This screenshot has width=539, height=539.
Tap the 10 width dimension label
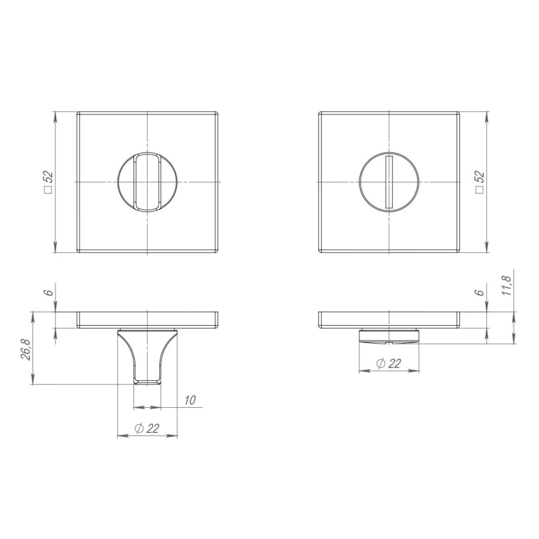click(x=190, y=400)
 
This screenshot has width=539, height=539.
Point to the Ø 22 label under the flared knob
click(x=147, y=428)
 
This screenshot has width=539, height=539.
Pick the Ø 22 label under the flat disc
click(x=389, y=364)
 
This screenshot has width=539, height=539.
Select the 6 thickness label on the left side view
click(x=49, y=292)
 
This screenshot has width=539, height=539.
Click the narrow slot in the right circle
click(x=389, y=182)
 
